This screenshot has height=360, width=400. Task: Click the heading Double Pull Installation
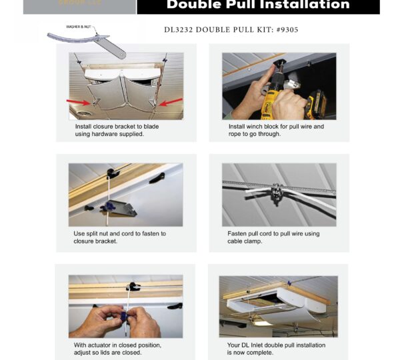(x=258, y=5)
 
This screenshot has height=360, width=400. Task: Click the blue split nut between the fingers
(x=125, y=313)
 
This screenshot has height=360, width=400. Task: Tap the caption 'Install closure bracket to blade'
(x=117, y=126)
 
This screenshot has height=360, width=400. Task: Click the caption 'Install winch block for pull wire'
(x=276, y=126)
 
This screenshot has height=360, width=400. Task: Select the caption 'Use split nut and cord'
(x=119, y=233)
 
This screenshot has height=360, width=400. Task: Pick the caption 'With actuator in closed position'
(x=117, y=345)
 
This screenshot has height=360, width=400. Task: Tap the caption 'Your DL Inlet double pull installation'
(x=276, y=345)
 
